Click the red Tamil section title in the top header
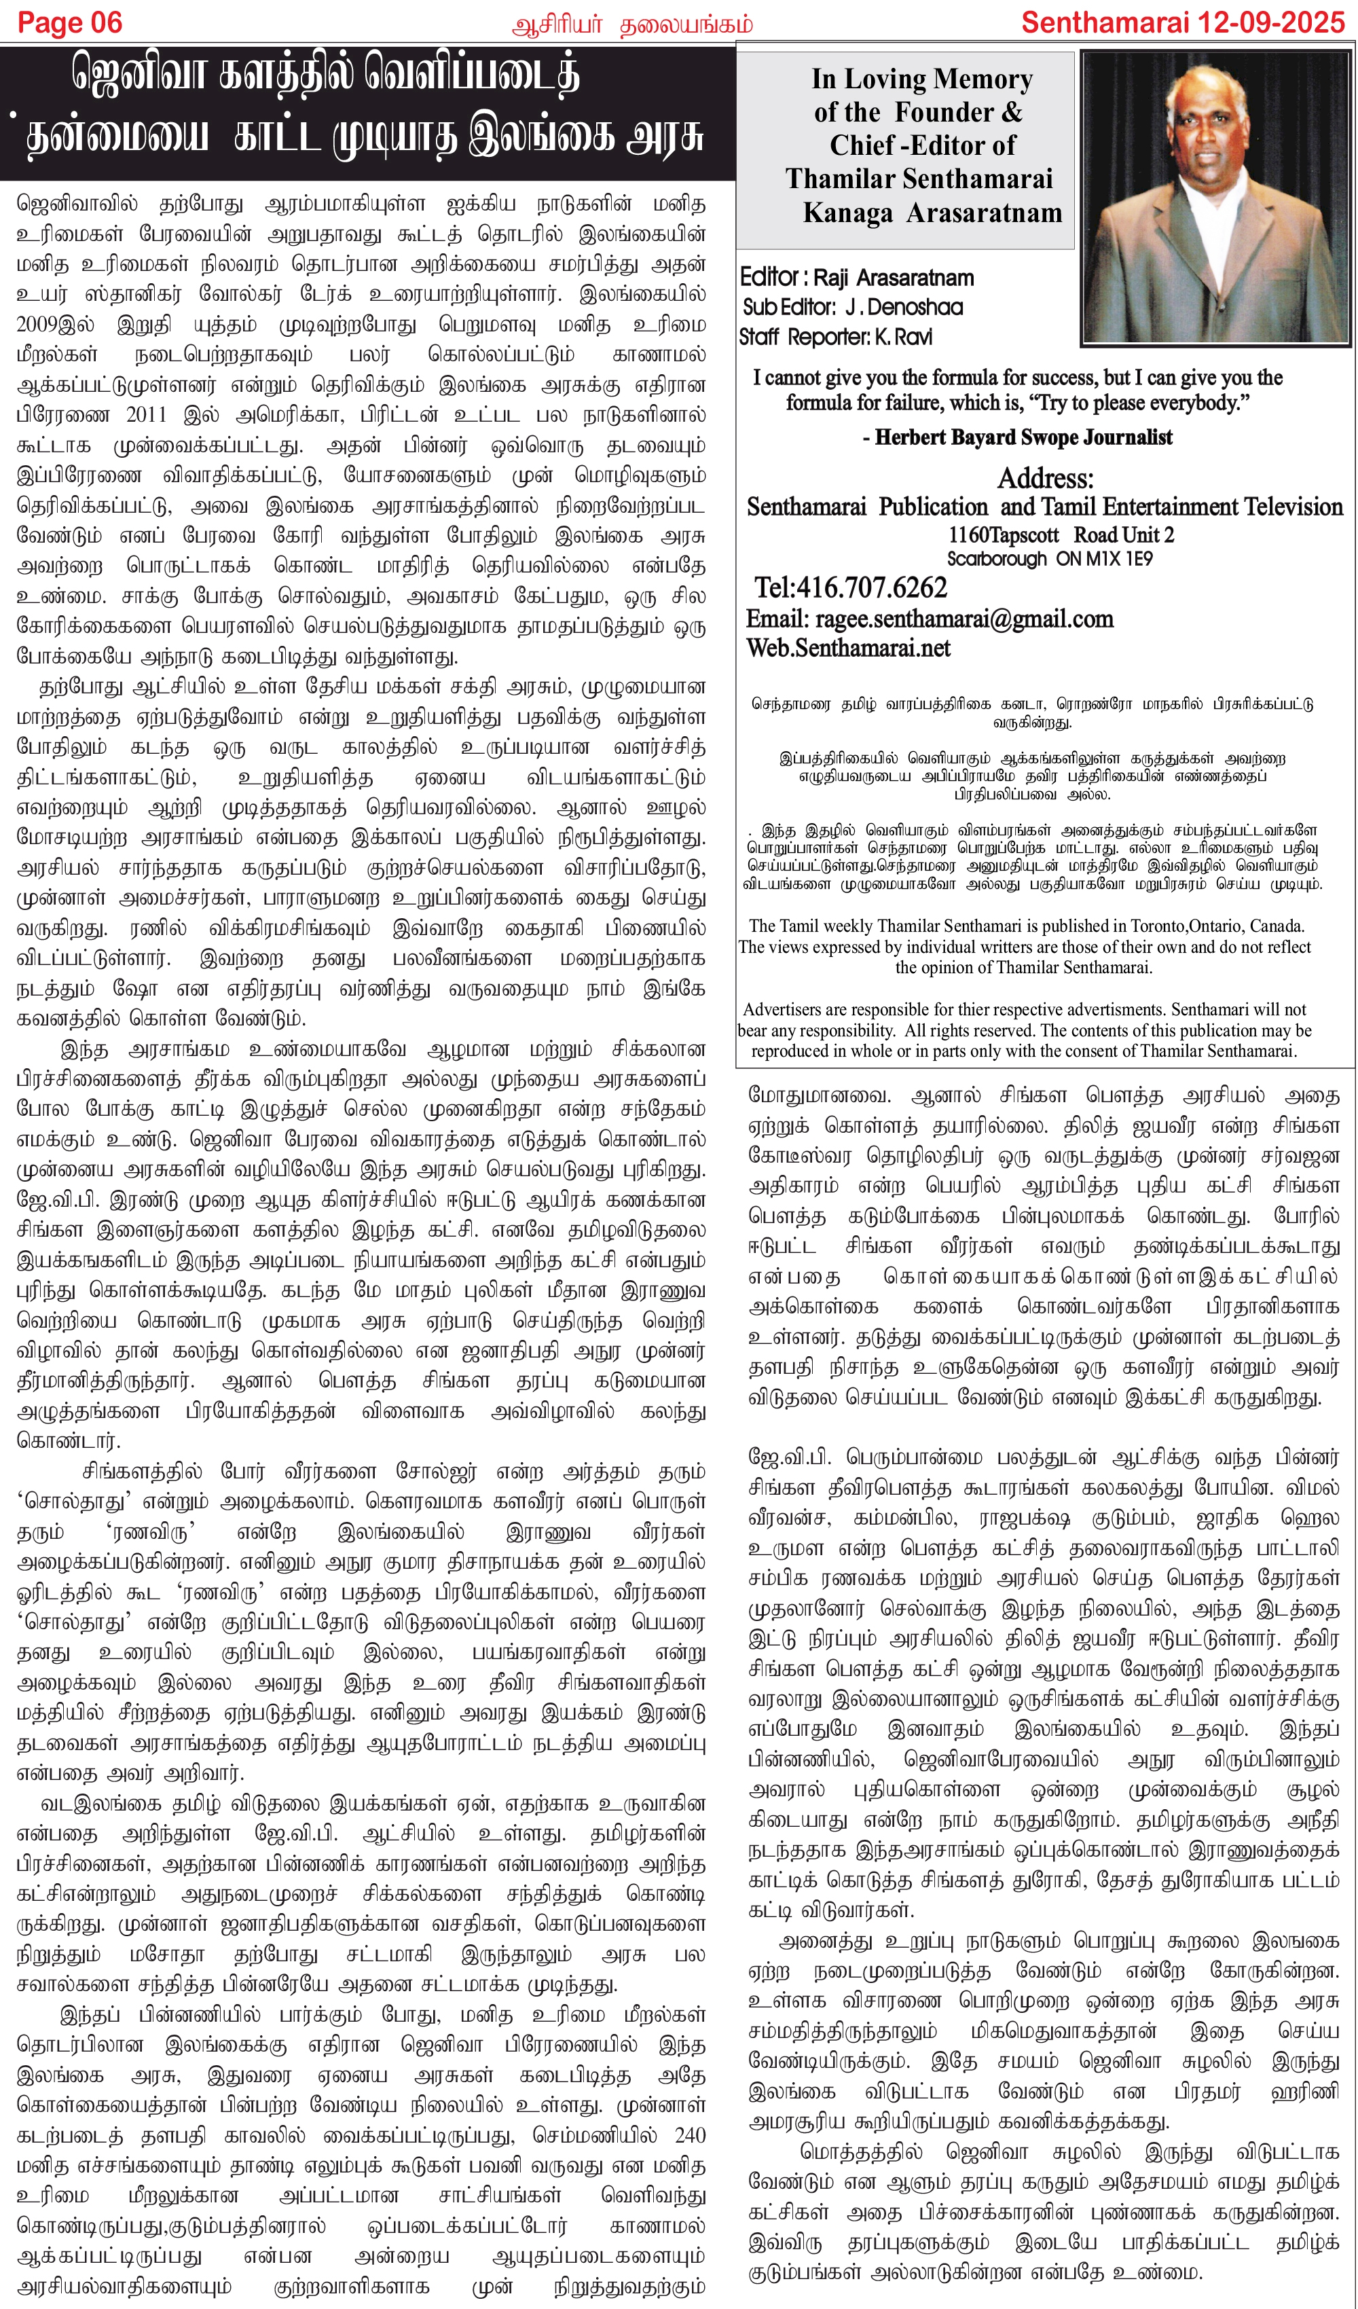click(632, 24)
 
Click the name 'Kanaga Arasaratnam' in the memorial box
click(932, 213)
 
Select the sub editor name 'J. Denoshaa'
click(902, 307)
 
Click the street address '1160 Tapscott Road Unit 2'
click(1060, 535)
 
